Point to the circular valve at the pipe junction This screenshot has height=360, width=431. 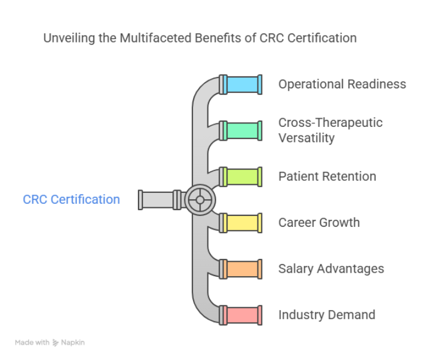(199, 200)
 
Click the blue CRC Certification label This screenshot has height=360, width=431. (72, 200)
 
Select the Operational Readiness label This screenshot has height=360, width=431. (342, 84)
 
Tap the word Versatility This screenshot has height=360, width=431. (306, 138)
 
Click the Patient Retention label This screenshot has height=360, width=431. (327, 176)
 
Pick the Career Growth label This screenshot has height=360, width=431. (319, 222)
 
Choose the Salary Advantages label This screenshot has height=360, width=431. (331, 269)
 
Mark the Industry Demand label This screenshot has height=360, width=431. (326, 315)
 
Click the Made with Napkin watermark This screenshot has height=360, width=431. (50, 342)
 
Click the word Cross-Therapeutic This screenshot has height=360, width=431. (330, 123)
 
